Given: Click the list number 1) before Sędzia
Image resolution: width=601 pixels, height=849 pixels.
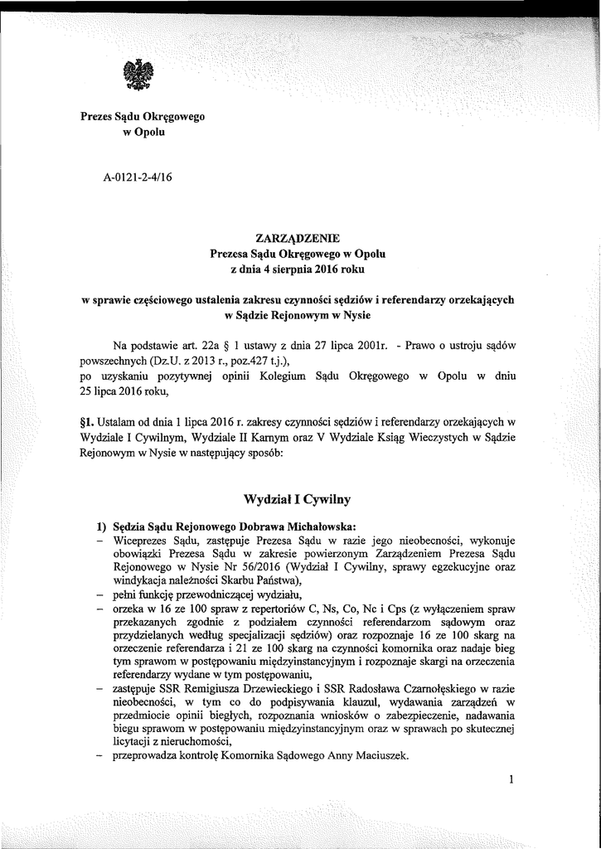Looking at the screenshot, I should point(104,527).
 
